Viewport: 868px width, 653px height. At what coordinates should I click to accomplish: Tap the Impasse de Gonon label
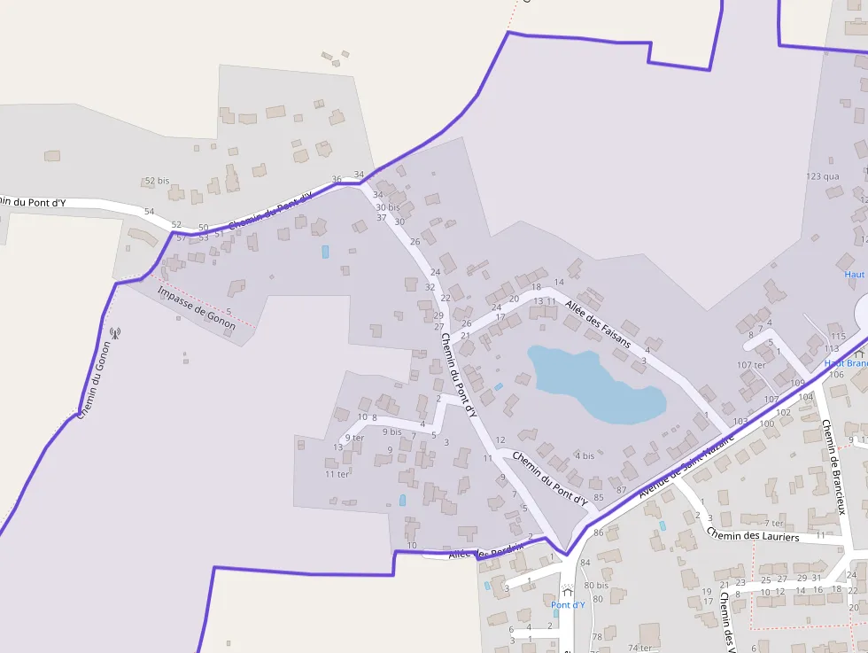pos(197,308)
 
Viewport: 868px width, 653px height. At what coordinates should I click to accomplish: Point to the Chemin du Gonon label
pos(92,380)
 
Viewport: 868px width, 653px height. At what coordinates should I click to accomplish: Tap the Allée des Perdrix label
pos(485,552)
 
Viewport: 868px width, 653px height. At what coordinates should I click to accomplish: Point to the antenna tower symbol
pos(113,333)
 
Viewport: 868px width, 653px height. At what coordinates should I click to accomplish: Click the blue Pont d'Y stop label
pos(568,605)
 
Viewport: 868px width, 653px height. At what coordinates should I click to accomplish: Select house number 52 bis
pos(157,181)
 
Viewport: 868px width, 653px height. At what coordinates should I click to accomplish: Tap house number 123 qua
pos(823,176)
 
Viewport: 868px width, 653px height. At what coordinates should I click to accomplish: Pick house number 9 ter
pos(354,438)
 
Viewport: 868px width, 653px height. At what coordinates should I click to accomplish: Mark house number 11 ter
pos(337,474)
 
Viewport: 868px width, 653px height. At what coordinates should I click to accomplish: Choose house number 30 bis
pos(388,207)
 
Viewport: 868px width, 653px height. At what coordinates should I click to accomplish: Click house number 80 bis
pos(596,586)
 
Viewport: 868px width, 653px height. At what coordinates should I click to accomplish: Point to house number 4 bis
pos(584,456)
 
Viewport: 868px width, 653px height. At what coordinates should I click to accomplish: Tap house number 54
pos(149,212)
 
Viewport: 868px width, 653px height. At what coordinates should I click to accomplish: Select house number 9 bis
pos(391,432)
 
